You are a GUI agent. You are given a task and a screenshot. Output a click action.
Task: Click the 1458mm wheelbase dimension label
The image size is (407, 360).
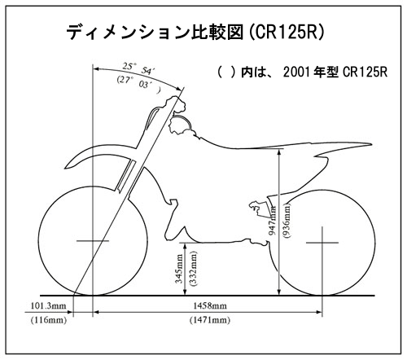coord(210,306)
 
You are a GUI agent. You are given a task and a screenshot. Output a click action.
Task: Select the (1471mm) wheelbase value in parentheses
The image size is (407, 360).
coord(210,320)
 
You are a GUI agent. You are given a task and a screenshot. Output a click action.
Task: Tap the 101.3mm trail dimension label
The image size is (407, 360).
coord(49,306)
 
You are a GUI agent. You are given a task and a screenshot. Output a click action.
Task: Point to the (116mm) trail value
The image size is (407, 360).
coord(49,320)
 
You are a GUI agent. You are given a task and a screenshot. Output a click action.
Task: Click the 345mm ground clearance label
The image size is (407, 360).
coord(179,269)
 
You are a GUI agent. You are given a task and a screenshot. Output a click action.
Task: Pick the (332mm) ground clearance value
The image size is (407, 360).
coord(194,269)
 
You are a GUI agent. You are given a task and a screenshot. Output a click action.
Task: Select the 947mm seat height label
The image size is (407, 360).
coord(273,220)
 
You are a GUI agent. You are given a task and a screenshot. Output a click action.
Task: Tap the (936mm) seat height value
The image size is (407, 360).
coord(287,221)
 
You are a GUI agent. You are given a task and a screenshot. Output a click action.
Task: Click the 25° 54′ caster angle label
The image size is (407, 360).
coord(138,68)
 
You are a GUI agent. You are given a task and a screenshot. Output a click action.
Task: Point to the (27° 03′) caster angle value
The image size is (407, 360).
coord(138,84)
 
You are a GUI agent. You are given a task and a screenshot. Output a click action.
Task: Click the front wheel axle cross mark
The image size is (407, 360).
coord(93,241)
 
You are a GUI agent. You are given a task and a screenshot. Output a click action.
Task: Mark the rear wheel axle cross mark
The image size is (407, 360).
coord(322,243)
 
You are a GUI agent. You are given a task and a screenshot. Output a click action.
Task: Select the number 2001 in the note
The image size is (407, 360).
coord(296,72)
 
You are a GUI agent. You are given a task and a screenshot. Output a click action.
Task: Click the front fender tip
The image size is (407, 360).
coord(65,168)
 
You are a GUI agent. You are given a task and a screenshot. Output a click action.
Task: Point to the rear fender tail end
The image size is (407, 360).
coord(372,145)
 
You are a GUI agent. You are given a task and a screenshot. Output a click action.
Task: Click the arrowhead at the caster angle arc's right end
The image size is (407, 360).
coord(179,89)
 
